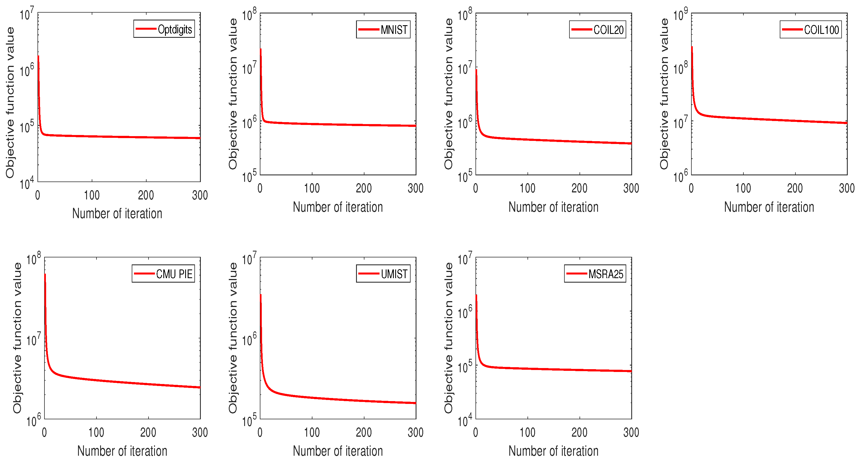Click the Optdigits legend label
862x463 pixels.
(x=175, y=29)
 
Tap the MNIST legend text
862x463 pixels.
(x=394, y=30)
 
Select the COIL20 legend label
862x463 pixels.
(x=608, y=30)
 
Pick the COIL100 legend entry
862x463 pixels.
(x=821, y=30)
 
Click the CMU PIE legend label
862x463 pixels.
(x=174, y=274)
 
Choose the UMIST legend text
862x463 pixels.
(x=394, y=274)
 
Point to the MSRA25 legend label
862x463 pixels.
(x=606, y=274)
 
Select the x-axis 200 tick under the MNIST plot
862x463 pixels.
(x=364, y=188)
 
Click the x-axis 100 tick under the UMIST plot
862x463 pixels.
(x=312, y=432)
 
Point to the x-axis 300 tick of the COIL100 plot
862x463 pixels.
(x=847, y=188)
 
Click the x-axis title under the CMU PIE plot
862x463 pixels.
(x=122, y=451)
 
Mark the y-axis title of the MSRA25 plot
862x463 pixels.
(x=448, y=338)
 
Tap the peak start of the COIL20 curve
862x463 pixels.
(x=476, y=70)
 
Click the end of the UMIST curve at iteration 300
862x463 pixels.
(x=415, y=403)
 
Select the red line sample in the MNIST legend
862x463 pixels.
(x=368, y=29)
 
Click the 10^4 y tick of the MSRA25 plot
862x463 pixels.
(x=465, y=420)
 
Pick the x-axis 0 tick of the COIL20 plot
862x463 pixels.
(x=475, y=188)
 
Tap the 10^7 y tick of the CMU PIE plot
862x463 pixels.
(x=34, y=340)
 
